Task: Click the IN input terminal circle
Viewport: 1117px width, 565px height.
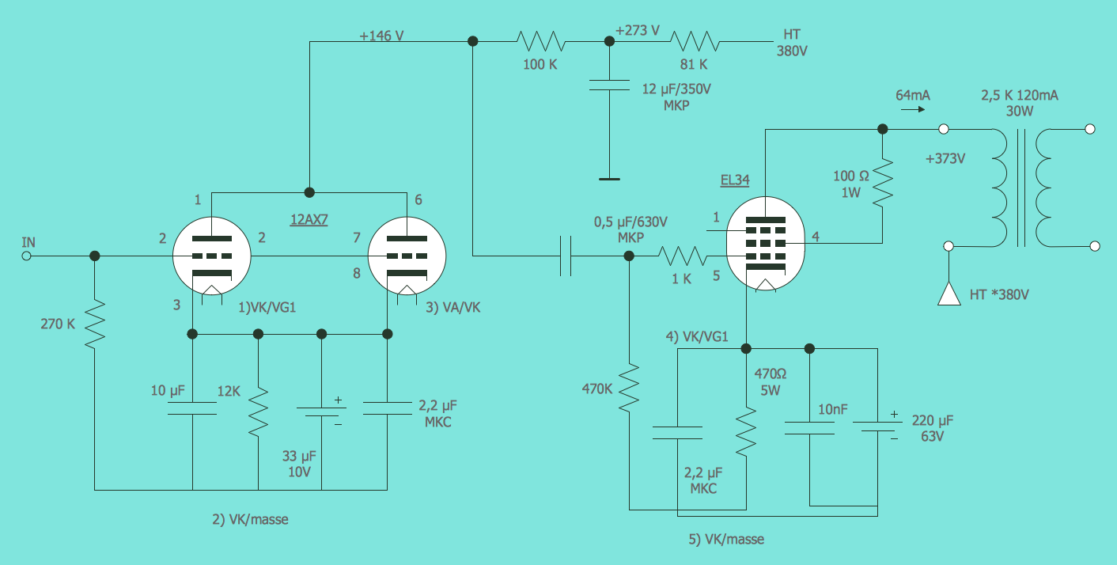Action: [26, 256]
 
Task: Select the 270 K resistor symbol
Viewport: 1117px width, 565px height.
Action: [94, 323]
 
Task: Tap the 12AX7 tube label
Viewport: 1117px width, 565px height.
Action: [309, 219]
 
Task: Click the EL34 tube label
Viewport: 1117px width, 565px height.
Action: [734, 180]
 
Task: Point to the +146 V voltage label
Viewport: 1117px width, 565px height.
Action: [381, 36]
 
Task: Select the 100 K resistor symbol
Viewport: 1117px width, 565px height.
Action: [540, 40]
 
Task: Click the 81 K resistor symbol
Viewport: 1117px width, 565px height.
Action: [693, 40]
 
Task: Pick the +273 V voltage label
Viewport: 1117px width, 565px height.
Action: [637, 31]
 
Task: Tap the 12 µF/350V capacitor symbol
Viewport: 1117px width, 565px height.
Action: [608, 86]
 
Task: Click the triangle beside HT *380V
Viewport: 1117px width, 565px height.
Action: [948, 294]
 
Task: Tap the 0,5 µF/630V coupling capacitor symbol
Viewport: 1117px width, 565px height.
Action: [565, 256]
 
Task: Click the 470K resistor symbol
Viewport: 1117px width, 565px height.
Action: [629, 388]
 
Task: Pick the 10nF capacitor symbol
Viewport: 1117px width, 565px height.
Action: [809, 428]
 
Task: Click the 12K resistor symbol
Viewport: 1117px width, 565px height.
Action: [258, 411]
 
